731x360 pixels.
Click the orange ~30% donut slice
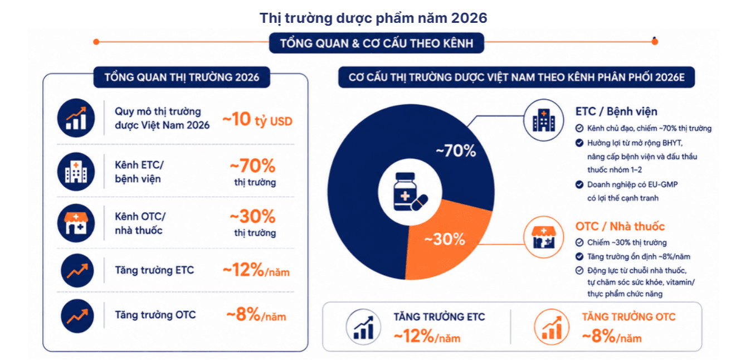[x=447, y=241]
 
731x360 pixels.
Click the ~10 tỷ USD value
[x=257, y=119]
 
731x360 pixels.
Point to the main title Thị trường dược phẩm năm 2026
[x=373, y=18]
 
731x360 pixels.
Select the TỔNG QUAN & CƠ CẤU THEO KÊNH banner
[x=377, y=43]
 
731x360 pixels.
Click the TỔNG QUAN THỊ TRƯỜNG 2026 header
[x=182, y=77]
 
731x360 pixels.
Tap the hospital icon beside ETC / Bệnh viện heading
[x=543, y=120]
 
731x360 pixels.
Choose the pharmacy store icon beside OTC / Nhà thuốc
[x=543, y=237]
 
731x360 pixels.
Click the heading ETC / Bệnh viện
[x=616, y=111]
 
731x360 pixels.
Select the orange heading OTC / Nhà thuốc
[x=620, y=226]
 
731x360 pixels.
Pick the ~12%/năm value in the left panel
[x=256, y=270]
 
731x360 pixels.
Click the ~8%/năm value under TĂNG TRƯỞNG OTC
[x=612, y=336]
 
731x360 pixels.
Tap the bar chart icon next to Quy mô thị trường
[x=76, y=118]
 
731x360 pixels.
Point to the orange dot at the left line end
[x=96, y=42]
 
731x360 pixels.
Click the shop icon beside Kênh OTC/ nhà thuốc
[x=76, y=223]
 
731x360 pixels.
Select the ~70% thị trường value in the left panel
[x=254, y=172]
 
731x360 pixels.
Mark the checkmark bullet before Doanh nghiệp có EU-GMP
[x=579, y=184]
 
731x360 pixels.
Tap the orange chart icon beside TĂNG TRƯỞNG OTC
[x=552, y=327]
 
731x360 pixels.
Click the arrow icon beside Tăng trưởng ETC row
[x=77, y=271]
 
